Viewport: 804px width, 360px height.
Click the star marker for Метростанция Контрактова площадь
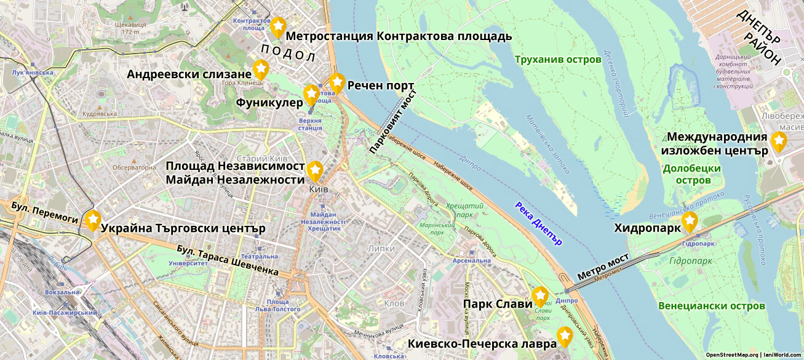(278, 26)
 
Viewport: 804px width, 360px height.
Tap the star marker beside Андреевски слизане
(261, 68)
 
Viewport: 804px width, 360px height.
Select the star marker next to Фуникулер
(311, 94)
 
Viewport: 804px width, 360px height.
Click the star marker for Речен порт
(336, 82)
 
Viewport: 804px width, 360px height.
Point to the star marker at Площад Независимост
(315, 170)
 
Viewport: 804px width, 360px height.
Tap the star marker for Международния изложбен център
(779, 141)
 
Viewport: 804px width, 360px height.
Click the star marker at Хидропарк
(690, 221)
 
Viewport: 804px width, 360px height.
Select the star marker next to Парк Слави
(540, 296)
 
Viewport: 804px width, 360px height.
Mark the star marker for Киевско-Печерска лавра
(565, 336)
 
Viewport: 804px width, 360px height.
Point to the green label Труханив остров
(558, 60)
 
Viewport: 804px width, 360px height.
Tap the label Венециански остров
(711, 306)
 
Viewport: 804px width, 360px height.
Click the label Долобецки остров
(693, 174)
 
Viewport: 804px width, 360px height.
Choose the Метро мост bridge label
(603, 269)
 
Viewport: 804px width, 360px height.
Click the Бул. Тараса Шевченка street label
(227, 260)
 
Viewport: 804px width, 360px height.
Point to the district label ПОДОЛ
(287, 53)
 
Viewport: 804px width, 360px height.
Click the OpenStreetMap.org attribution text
(732, 354)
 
